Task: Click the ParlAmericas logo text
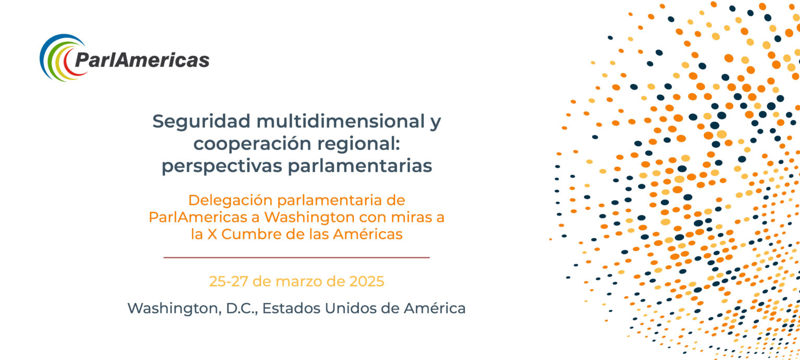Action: click(x=142, y=59)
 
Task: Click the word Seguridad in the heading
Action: click(x=201, y=122)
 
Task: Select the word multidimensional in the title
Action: click(x=340, y=121)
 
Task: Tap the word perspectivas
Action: click(x=222, y=166)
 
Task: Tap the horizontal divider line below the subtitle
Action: click(x=296, y=257)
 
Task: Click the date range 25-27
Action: click(x=229, y=281)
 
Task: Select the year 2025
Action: click(x=367, y=281)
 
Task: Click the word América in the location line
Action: click(x=435, y=308)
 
